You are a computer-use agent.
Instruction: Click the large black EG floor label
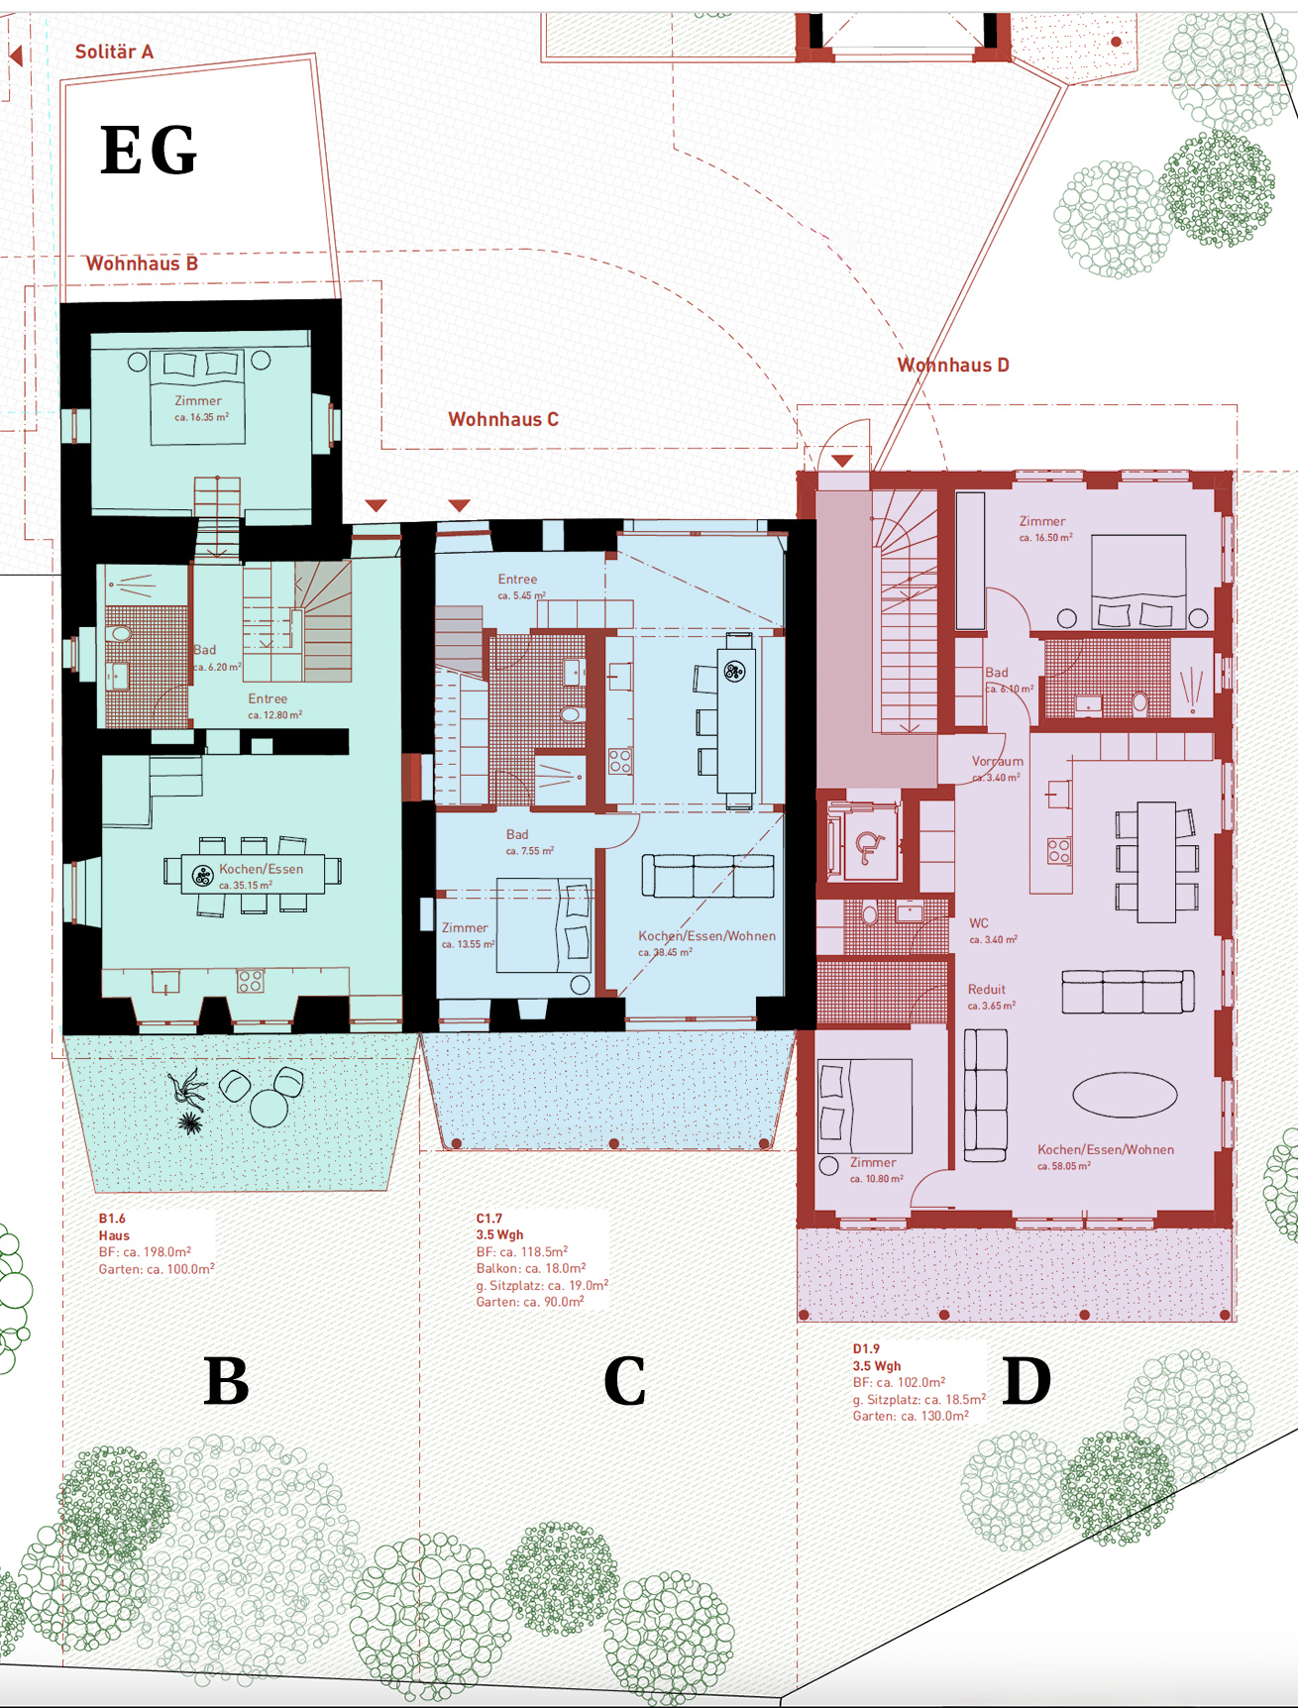click(x=149, y=151)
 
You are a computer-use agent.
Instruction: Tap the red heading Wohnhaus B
click(x=142, y=264)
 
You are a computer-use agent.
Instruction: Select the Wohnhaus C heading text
click(x=503, y=419)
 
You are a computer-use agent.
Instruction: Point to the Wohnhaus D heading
click(x=953, y=365)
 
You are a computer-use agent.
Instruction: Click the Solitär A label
click(x=114, y=52)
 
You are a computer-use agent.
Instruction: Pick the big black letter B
click(x=226, y=1381)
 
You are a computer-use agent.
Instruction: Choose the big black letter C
click(x=625, y=1381)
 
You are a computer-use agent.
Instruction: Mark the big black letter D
click(x=1027, y=1381)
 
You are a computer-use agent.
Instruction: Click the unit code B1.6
click(x=112, y=1219)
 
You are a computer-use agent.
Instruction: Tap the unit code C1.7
click(x=489, y=1219)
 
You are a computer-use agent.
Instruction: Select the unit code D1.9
click(x=866, y=1348)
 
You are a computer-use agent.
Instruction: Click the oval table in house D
click(x=1125, y=1095)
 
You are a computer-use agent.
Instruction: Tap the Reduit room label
click(x=987, y=989)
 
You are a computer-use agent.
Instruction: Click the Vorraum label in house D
click(x=998, y=761)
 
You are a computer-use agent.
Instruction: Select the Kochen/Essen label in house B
click(x=262, y=869)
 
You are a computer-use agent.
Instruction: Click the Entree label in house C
click(x=517, y=579)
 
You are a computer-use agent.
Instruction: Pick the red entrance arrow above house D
click(x=842, y=461)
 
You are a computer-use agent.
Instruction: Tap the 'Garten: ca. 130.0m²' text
click(x=911, y=1416)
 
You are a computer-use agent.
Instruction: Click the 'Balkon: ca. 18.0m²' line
click(x=531, y=1268)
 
